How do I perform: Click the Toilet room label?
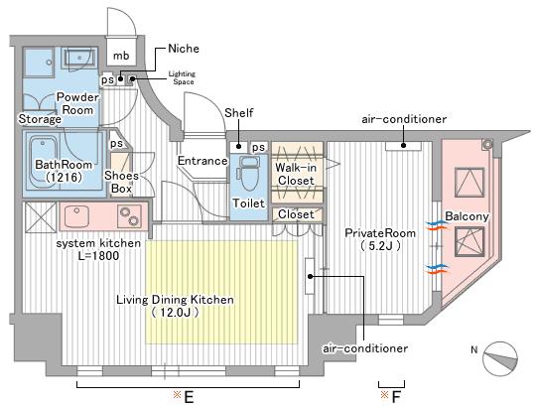(x=248, y=203)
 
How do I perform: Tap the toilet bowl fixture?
(x=248, y=174)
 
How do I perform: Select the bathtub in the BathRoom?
(x=43, y=163)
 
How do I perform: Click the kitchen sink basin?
(x=76, y=216)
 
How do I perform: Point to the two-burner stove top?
(x=129, y=216)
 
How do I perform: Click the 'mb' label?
(x=121, y=56)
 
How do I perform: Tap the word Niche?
(x=184, y=49)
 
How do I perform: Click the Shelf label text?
(x=238, y=113)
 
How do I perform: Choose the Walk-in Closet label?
(x=296, y=174)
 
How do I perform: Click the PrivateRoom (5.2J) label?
(x=380, y=239)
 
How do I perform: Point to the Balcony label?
(x=467, y=216)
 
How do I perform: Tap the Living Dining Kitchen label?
(x=175, y=306)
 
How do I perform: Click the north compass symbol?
(x=499, y=359)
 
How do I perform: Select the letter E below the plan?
(x=189, y=397)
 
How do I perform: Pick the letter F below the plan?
(x=395, y=397)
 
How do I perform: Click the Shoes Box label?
(x=121, y=182)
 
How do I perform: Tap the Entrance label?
(x=202, y=161)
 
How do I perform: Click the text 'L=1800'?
(x=98, y=255)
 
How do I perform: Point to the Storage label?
(x=40, y=119)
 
